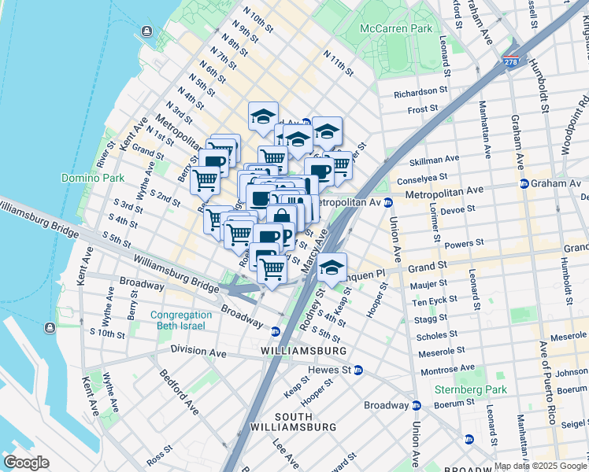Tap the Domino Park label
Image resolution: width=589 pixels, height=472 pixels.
tap(93, 178)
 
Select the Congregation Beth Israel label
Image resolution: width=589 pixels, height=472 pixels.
tap(181, 320)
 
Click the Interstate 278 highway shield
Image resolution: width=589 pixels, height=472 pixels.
tap(511, 61)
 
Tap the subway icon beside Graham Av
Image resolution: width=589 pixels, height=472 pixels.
tap(524, 184)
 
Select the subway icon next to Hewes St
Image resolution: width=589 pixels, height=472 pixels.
tap(357, 370)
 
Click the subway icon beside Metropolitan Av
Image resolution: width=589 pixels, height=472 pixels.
tap(388, 202)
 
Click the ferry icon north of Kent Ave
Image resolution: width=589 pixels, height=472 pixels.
tap(146, 31)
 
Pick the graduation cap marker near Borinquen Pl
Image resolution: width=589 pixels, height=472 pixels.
tap(332, 267)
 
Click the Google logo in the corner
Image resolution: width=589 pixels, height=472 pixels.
tap(26, 463)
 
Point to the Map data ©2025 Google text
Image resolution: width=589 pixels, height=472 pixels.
tap(540, 466)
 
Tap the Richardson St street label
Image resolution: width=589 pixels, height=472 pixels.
tap(420, 91)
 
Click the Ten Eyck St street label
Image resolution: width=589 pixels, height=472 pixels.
tap(441, 302)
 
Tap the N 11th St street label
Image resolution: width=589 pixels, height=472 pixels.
tap(339, 64)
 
